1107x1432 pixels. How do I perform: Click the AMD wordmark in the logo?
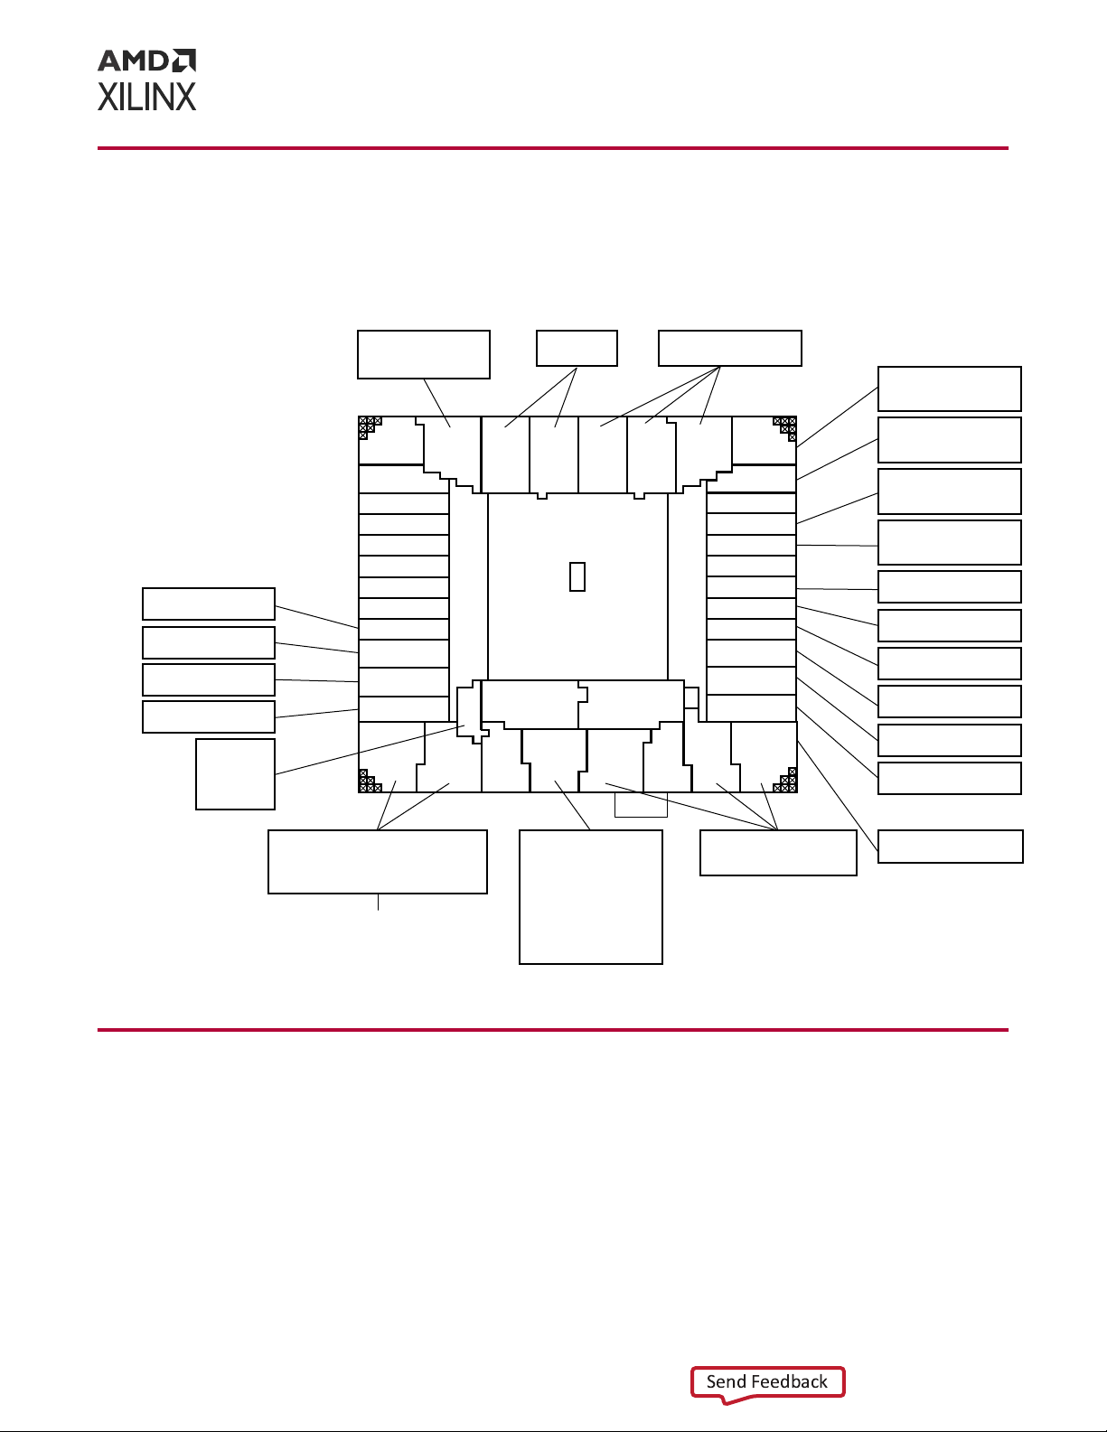[x=134, y=61]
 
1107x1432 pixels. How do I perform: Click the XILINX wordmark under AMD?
[x=147, y=97]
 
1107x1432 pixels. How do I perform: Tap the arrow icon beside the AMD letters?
[x=183, y=61]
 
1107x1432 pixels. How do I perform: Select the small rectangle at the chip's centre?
[x=577, y=576]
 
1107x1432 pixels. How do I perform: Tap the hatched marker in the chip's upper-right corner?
[x=785, y=428]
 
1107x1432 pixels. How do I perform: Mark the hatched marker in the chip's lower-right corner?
[x=785, y=781]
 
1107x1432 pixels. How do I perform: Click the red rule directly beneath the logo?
[x=553, y=148]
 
